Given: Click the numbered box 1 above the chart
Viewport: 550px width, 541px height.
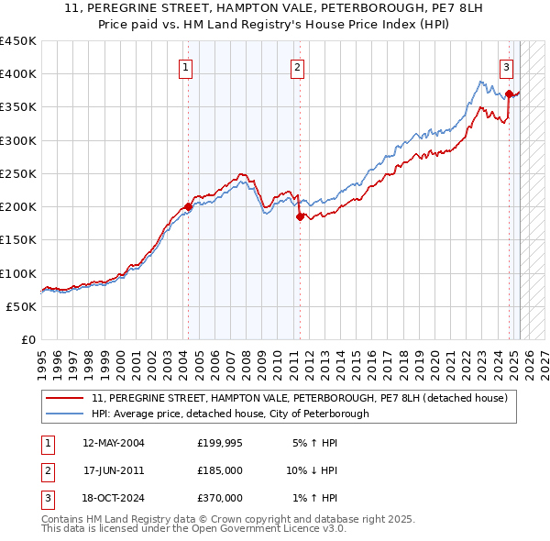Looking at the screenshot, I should pos(186,66).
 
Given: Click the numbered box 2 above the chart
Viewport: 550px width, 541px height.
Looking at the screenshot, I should pos(298,66).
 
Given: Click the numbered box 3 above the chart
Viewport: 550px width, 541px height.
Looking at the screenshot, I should pos(506,66).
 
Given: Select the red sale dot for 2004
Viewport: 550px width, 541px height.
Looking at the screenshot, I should pos(188,206).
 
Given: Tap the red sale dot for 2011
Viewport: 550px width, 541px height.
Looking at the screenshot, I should pos(299,216).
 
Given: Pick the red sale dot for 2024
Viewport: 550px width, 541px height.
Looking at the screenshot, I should pos(509,94).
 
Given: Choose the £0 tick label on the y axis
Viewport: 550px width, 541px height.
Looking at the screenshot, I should pos(27,339).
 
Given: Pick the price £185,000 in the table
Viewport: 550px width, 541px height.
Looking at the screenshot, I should pos(220,470).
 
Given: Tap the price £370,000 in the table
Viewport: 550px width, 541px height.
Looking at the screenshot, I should pos(220,498).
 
